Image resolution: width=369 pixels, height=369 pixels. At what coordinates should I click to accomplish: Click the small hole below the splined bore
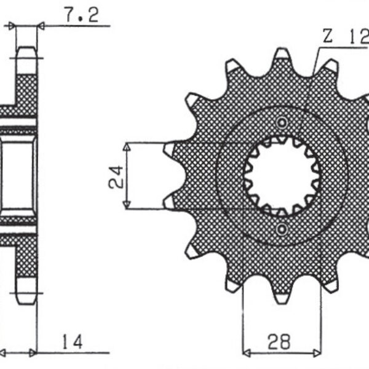point(282,231)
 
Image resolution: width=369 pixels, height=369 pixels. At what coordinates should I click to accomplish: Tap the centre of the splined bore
point(282,176)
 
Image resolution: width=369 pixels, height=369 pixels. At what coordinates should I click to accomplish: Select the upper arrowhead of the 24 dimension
point(127,147)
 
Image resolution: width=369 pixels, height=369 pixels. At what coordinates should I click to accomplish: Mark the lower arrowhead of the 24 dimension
point(127,205)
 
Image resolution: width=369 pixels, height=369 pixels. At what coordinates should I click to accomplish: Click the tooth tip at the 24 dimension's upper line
point(169,148)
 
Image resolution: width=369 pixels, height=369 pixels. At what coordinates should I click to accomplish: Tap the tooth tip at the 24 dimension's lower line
point(169,203)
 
